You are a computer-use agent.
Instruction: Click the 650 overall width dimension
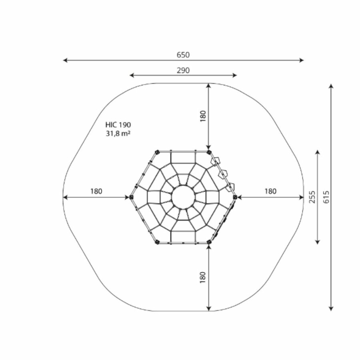183,55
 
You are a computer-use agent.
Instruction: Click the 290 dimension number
183,70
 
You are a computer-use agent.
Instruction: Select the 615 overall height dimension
326,197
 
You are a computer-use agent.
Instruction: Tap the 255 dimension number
312,197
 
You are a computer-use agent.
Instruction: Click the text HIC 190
118,125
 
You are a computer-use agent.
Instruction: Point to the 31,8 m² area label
118,133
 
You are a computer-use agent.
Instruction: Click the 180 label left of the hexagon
96,191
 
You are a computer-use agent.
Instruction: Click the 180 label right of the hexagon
270,191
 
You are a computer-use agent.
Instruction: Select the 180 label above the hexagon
203,116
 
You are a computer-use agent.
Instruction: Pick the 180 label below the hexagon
203,277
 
